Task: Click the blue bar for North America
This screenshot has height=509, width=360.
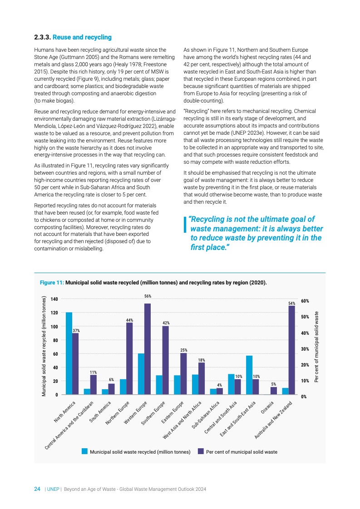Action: (x=69, y=353)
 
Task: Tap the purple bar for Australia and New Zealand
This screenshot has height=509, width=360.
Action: (x=291, y=350)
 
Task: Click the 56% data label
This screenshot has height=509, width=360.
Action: (x=148, y=296)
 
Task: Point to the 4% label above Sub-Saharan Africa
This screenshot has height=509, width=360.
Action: (x=219, y=385)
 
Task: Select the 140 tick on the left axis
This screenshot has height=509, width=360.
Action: (x=54, y=299)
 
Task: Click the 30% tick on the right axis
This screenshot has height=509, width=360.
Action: (x=304, y=349)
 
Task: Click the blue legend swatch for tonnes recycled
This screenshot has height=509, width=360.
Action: (x=84, y=451)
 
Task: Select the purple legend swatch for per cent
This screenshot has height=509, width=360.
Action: (x=201, y=451)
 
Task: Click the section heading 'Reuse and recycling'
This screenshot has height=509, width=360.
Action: (x=82, y=37)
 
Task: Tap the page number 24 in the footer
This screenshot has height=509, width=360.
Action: (x=38, y=489)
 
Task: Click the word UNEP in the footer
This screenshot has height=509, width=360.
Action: (x=53, y=489)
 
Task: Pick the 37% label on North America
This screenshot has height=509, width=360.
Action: (x=76, y=331)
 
